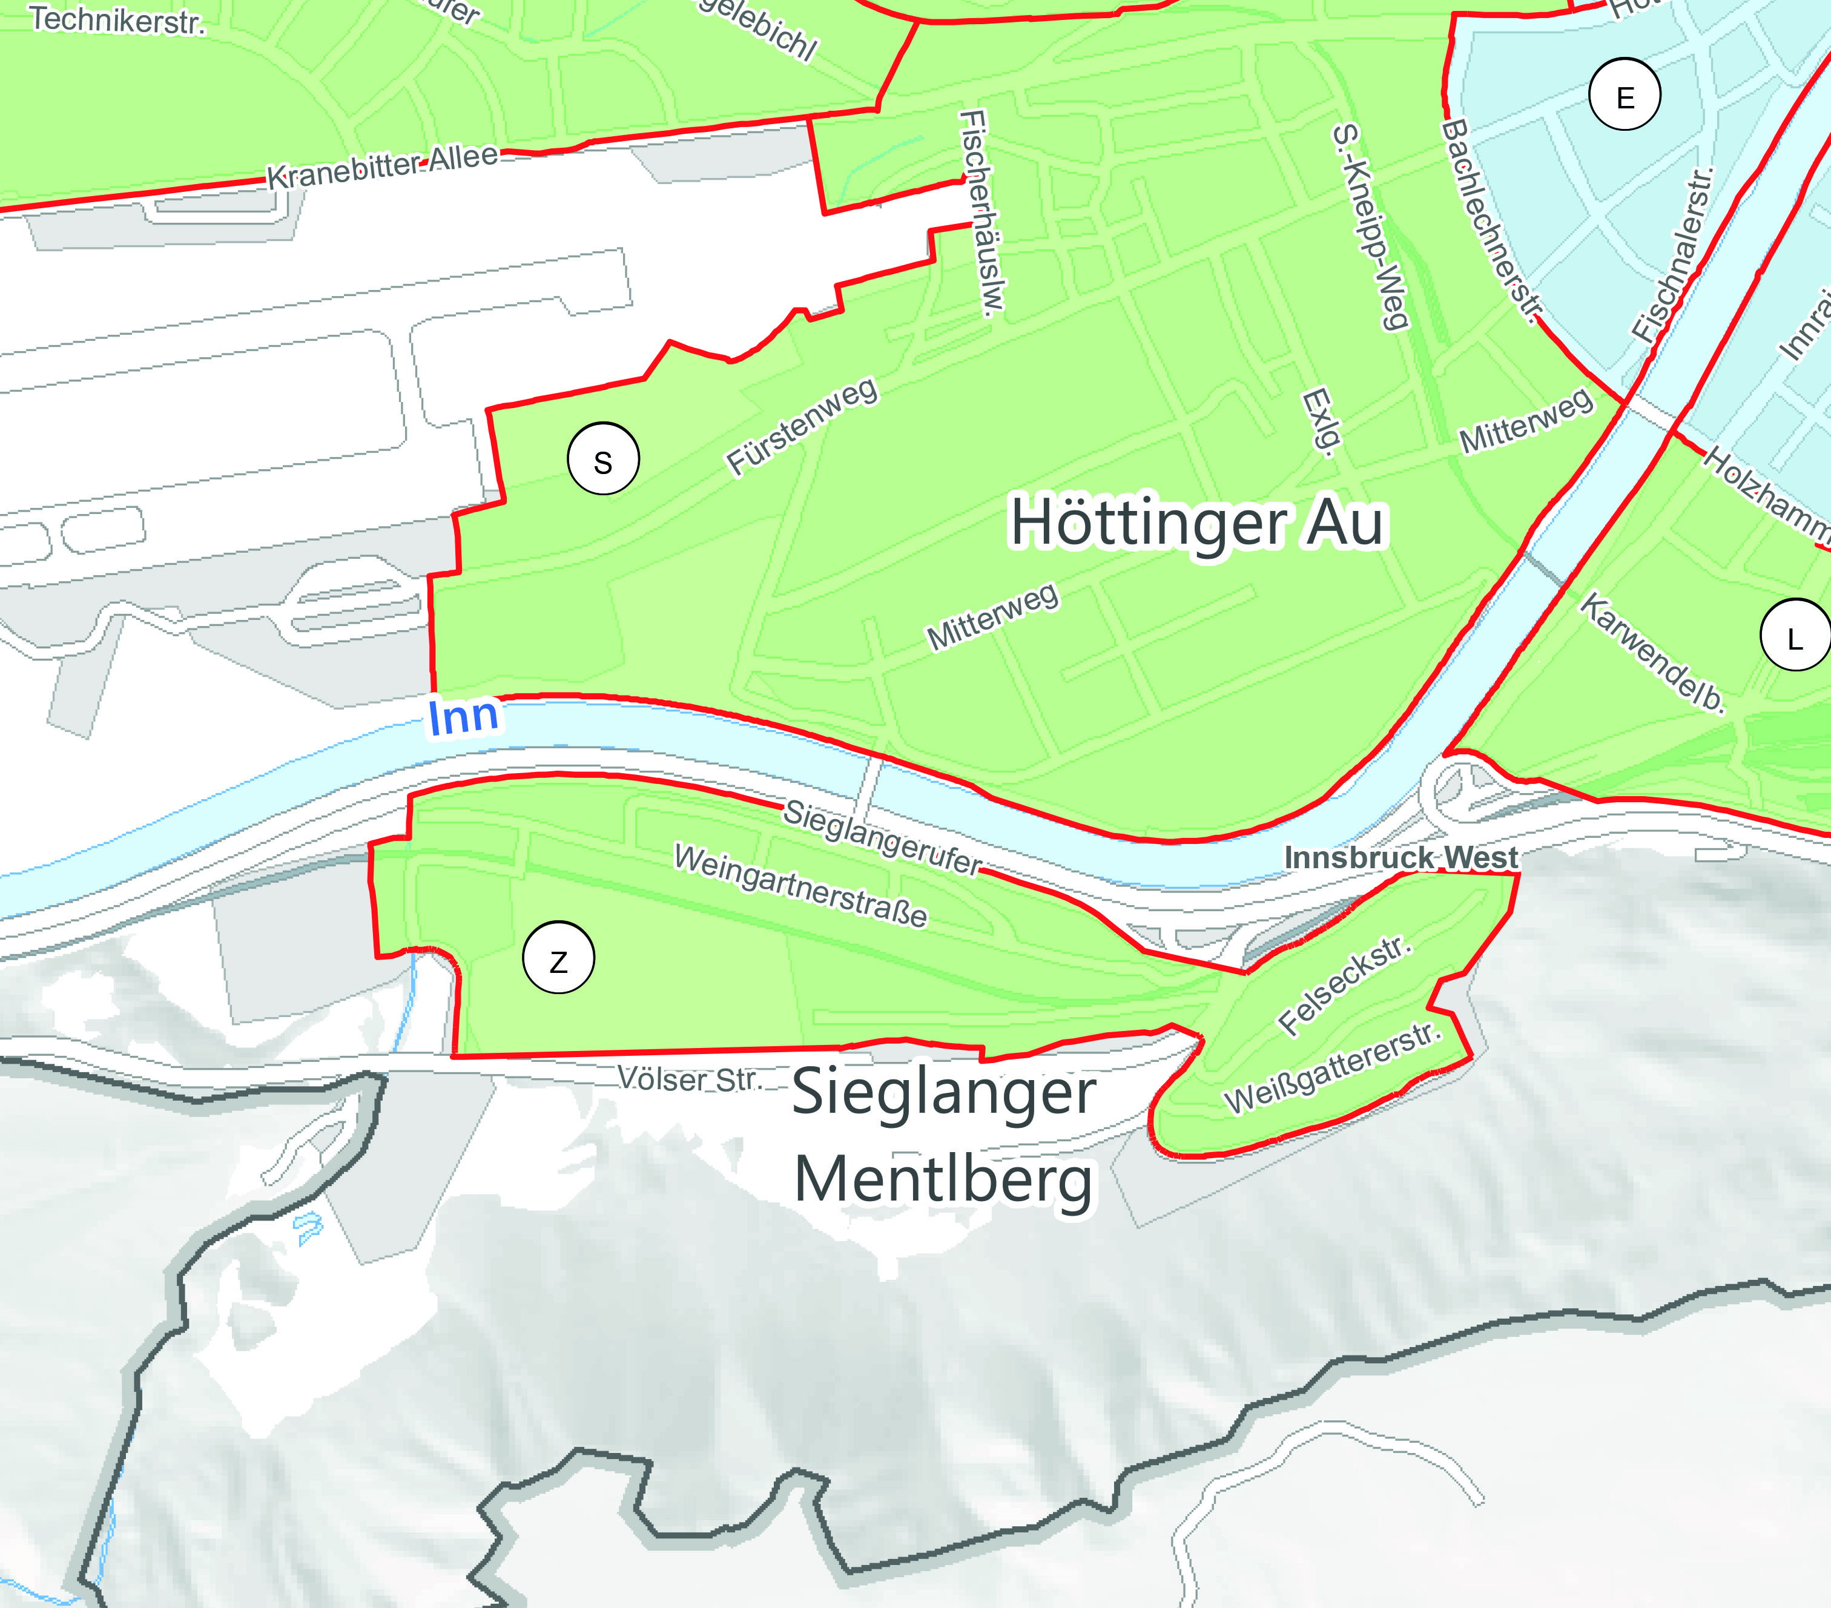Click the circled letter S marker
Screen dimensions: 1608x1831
[603, 460]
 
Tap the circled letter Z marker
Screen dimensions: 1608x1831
[558, 960]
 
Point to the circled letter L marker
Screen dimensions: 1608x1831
[1794, 637]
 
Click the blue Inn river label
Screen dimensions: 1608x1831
[463, 717]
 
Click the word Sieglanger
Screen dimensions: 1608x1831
[944, 1093]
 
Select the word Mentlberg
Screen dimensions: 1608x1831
[944, 1181]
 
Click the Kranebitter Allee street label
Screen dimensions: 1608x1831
[383, 166]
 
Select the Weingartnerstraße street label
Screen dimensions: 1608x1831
[800, 885]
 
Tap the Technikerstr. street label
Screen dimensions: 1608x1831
[117, 20]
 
